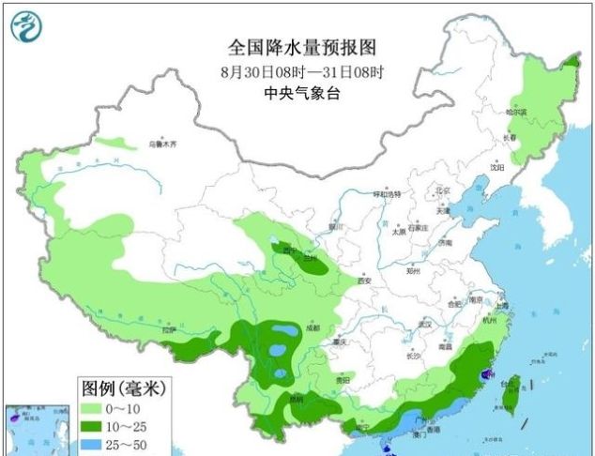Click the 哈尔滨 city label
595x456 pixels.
tap(517, 112)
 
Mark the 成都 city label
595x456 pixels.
tap(312, 328)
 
